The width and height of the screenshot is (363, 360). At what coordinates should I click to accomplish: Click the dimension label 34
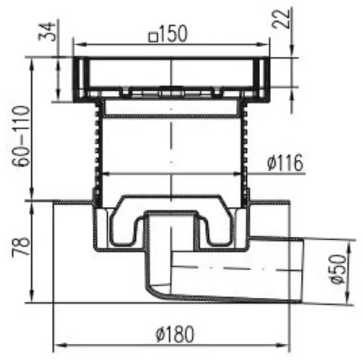(47, 31)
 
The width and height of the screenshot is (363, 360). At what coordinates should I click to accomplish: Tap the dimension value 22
(281, 19)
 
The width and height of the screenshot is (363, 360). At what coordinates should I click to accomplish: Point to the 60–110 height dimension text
(21, 136)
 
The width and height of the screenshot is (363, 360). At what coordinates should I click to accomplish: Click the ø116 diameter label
(285, 162)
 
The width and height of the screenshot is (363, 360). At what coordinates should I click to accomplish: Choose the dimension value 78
(21, 246)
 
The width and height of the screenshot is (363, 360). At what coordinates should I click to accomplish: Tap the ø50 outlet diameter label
(338, 269)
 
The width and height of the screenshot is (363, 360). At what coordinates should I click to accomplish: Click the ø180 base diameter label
(175, 334)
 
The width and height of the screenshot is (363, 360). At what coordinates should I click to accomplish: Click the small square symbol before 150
(154, 37)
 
